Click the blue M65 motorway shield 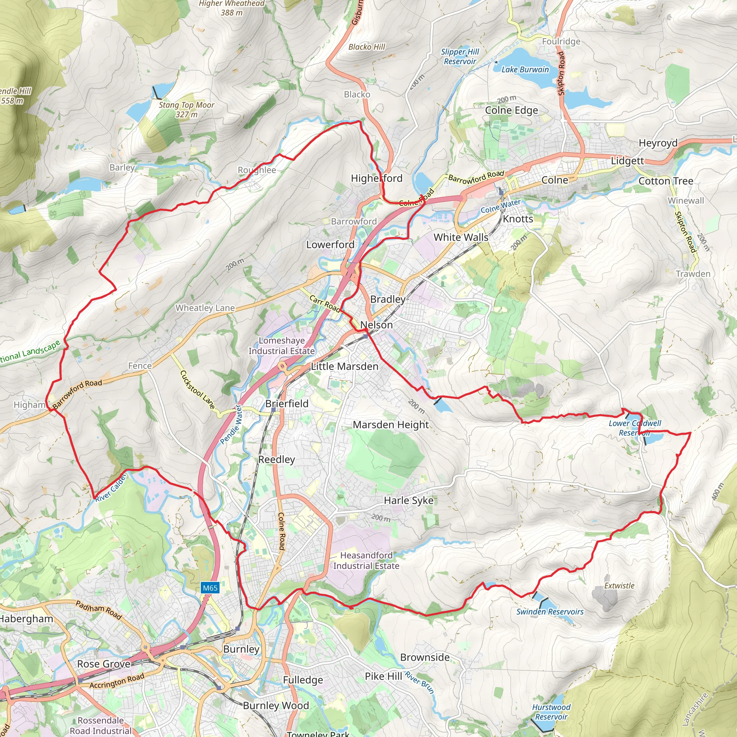click(210, 588)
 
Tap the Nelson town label click(376, 325)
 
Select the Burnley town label click(241, 649)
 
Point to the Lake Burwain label click(525, 69)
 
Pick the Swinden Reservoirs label click(550, 611)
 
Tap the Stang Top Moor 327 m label click(186, 109)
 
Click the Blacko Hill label click(367, 47)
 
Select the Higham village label click(30, 405)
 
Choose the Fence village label click(140, 366)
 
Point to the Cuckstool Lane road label click(197, 389)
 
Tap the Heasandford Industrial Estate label click(366, 561)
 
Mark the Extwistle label click(619, 585)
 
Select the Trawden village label click(693, 274)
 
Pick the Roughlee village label click(257, 170)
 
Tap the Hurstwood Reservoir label click(551, 712)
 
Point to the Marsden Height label click(390, 425)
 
